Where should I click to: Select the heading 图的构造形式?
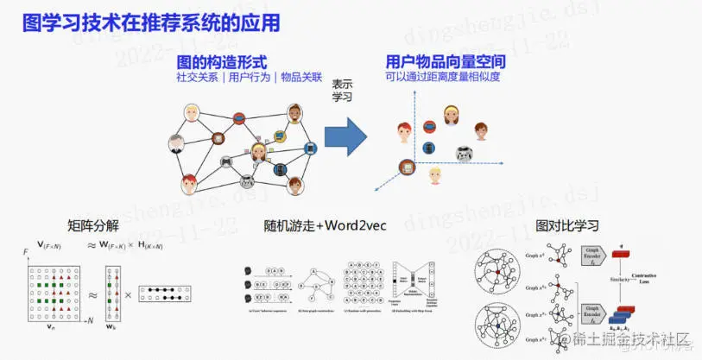(221, 63)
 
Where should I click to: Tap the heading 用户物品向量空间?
(445, 63)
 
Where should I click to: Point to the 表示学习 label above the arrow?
(343, 90)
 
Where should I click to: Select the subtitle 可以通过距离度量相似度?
(443, 77)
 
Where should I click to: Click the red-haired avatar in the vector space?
(403, 131)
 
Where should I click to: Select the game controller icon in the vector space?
(465, 155)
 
